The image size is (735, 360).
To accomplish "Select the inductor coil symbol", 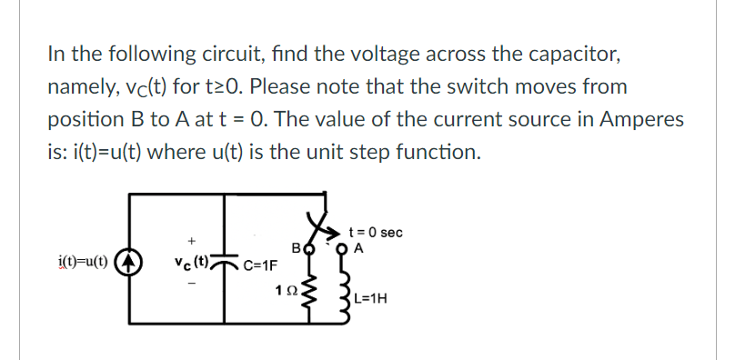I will tap(345, 291).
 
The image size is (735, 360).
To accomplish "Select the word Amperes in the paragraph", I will tap(640, 119).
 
